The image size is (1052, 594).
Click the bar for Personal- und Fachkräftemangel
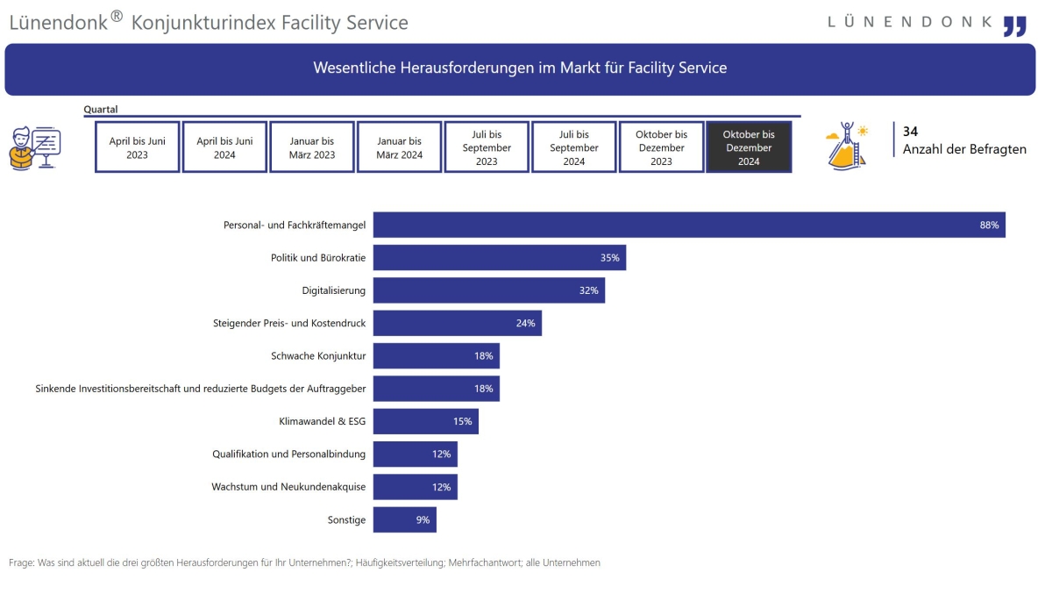[x=689, y=225]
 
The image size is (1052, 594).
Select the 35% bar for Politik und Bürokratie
[x=499, y=258]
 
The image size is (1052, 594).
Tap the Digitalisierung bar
[x=488, y=290]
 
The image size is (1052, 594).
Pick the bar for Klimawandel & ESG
[x=425, y=421]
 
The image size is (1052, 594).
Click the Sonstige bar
[x=404, y=519]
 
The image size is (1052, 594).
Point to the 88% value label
[x=989, y=225]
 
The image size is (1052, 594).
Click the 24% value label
[x=525, y=324]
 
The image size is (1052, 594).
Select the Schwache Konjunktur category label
[x=318, y=356]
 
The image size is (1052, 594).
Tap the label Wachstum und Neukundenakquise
[x=288, y=487]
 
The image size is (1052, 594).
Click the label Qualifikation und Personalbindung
[x=288, y=454]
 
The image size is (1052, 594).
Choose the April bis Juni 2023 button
[x=137, y=147]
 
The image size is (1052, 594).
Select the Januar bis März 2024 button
[x=400, y=147]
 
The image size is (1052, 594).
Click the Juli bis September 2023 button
[x=487, y=147]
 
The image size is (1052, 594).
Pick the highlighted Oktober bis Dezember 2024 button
[x=749, y=147]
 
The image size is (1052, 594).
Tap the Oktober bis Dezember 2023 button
[x=661, y=147]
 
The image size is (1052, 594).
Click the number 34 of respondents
[x=910, y=131]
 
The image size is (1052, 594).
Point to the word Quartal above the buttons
[x=101, y=110]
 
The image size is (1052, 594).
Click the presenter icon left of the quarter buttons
[x=34, y=147]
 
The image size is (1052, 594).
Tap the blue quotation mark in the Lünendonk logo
[x=1014, y=25]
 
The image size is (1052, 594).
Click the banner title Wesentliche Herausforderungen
[x=520, y=68]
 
